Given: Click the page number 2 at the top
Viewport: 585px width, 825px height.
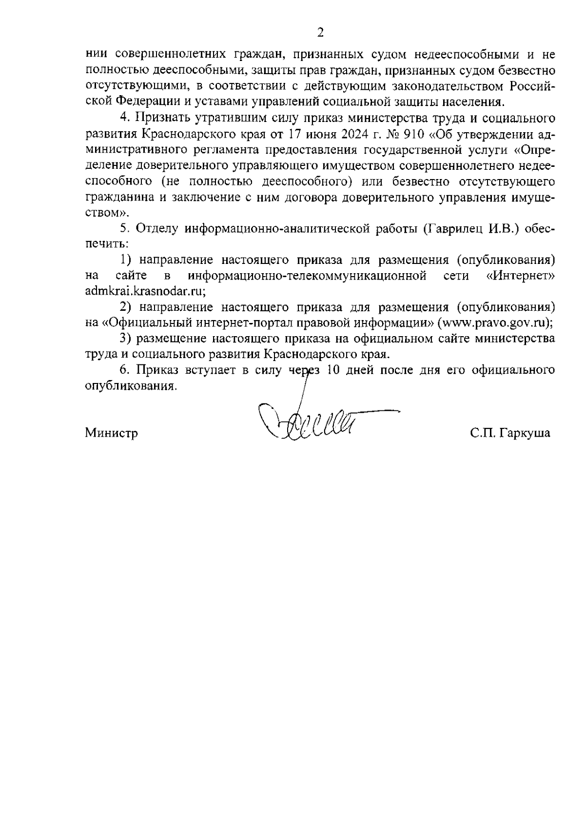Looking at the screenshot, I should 320,33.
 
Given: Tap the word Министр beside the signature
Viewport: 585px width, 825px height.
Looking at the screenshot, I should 111,433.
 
